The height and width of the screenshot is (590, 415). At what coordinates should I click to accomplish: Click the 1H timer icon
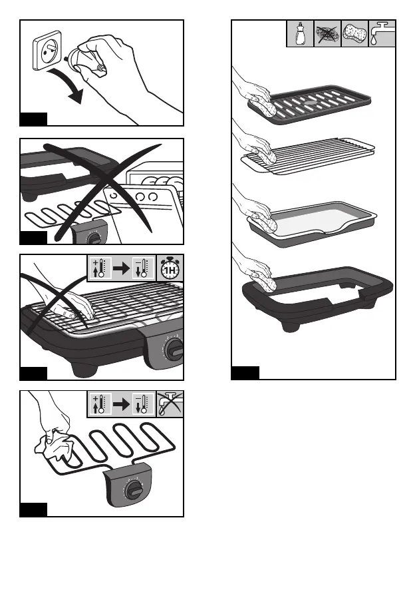[170, 269]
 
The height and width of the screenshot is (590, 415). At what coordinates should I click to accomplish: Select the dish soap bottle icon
[301, 34]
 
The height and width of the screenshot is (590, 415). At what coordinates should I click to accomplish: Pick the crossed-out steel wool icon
[327, 34]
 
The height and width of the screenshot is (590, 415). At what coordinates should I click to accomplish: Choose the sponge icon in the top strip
[354, 34]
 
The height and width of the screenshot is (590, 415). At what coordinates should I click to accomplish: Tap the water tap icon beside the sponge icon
[382, 34]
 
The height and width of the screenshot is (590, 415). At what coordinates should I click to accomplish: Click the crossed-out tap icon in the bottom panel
[170, 404]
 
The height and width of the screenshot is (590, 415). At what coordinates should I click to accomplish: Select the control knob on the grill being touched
[174, 350]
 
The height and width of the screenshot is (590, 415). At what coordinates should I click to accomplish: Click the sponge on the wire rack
[267, 157]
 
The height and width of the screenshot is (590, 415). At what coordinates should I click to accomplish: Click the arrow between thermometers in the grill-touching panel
[120, 269]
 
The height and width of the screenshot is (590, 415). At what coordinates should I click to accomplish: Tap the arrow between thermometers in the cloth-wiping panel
[120, 404]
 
